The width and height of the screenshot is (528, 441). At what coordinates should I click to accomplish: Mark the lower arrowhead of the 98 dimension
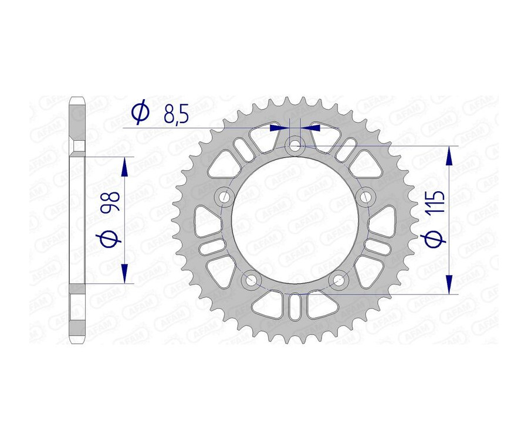(x=124, y=273)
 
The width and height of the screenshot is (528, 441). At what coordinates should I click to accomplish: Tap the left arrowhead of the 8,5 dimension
(x=276, y=125)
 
